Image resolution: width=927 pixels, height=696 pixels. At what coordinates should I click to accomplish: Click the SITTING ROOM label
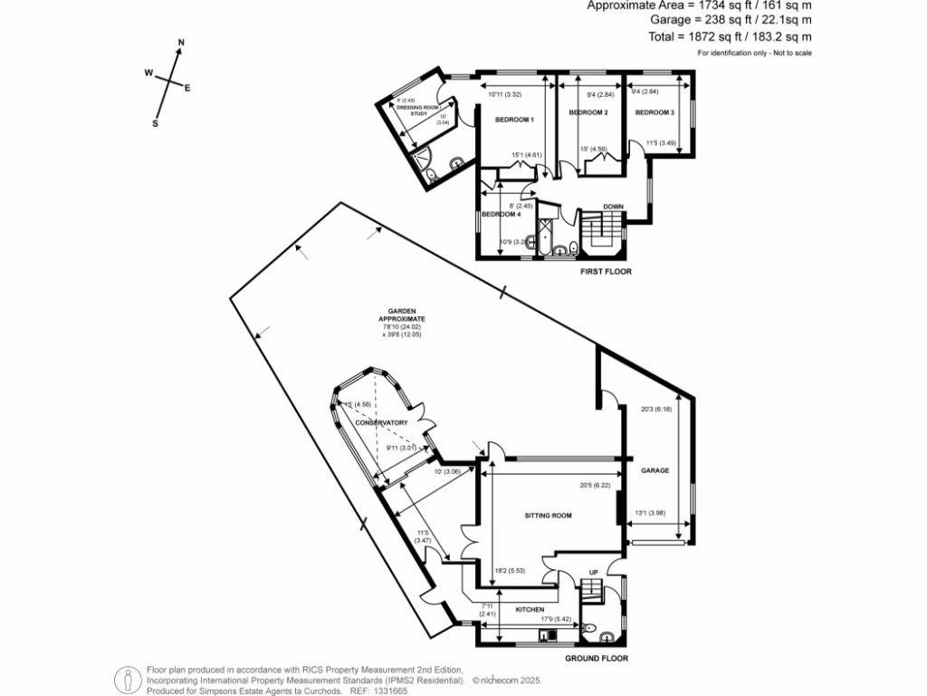549,516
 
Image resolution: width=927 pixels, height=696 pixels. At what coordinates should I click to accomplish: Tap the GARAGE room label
655,470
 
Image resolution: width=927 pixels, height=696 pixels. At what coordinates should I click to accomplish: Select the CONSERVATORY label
381,423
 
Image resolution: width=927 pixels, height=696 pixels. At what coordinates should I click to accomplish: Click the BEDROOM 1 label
514,120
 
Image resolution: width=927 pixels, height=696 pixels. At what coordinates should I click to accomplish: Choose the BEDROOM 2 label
588,112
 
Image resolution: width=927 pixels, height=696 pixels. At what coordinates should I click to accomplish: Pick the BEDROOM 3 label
655,112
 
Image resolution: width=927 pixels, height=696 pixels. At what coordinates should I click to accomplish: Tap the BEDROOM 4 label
501,214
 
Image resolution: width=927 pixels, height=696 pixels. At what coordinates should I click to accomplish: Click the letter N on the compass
181,43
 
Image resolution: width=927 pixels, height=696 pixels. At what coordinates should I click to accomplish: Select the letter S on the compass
155,124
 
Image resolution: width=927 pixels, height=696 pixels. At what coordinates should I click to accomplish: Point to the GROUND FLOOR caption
596,659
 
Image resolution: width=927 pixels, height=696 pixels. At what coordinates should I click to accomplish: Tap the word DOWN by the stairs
613,206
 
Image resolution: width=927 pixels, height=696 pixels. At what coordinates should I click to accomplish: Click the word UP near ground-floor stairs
594,572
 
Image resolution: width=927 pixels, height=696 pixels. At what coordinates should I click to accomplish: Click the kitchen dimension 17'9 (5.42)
554,620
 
